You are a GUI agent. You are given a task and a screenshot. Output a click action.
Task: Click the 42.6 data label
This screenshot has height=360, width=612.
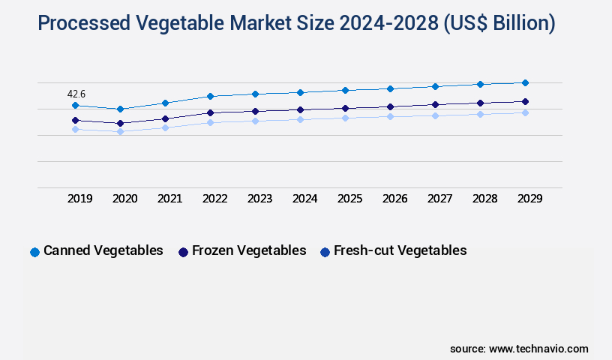(x=76, y=94)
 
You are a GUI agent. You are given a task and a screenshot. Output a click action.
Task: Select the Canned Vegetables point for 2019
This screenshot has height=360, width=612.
(x=75, y=106)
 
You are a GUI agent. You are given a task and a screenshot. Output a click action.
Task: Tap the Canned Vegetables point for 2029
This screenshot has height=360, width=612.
(x=525, y=82)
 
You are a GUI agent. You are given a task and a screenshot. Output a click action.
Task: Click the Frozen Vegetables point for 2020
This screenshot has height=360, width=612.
(x=120, y=123)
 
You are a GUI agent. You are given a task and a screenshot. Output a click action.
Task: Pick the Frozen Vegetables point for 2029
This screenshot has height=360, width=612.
(x=525, y=101)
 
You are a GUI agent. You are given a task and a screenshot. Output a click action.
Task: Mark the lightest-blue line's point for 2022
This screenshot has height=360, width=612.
(x=210, y=122)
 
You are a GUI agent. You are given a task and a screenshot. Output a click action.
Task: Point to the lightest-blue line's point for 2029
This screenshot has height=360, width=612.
(x=525, y=112)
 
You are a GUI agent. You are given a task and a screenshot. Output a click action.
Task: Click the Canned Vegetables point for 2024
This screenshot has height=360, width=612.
(x=300, y=92)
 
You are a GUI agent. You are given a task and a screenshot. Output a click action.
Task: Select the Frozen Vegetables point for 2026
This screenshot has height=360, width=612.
(x=390, y=106)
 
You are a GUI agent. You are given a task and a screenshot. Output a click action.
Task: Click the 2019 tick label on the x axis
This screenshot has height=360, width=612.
(x=80, y=199)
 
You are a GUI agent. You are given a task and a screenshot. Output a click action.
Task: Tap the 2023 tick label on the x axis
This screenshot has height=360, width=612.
(x=260, y=199)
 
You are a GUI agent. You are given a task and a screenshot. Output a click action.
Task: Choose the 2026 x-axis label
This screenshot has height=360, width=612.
(x=395, y=199)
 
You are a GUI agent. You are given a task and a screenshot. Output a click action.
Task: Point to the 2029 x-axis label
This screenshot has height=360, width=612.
(x=530, y=199)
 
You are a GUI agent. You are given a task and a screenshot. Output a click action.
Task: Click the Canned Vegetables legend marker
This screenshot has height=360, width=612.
(x=34, y=252)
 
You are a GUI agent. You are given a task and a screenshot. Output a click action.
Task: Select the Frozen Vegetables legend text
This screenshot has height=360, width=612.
(x=249, y=250)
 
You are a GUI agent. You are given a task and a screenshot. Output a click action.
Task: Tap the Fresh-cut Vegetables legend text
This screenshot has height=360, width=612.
(x=400, y=250)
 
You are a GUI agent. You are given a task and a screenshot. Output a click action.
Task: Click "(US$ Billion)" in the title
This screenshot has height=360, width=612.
(x=498, y=23)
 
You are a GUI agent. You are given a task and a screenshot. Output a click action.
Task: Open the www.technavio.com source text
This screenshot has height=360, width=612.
(x=538, y=349)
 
